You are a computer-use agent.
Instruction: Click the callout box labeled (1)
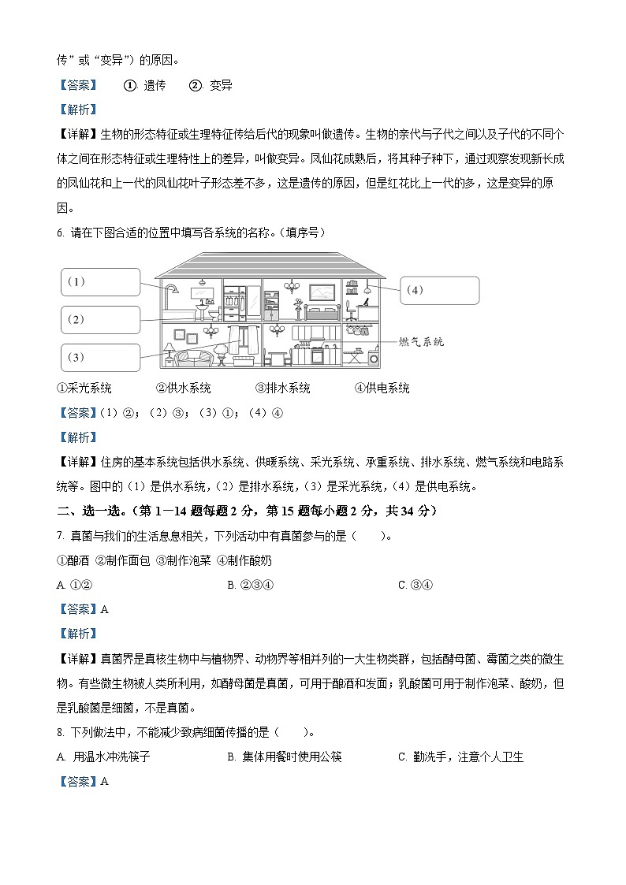pyautogui.click(x=100, y=281)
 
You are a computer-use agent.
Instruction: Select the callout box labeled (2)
pyautogui.click(x=100, y=319)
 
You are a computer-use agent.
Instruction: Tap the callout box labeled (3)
pyautogui.click(x=100, y=357)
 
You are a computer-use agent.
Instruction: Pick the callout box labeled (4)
pyautogui.click(x=439, y=290)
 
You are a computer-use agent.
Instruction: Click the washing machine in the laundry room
pyautogui.click(x=373, y=355)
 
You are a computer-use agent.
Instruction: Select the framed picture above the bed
pyautogui.click(x=322, y=292)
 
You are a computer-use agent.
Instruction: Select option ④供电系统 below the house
pyautogui.click(x=382, y=388)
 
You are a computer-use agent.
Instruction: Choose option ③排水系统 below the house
pyautogui.click(x=282, y=388)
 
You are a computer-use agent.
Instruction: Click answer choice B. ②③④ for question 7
pyautogui.click(x=249, y=585)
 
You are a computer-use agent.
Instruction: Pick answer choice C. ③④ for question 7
pyautogui.click(x=416, y=585)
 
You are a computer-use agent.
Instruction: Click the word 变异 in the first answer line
pyautogui.click(x=221, y=85)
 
